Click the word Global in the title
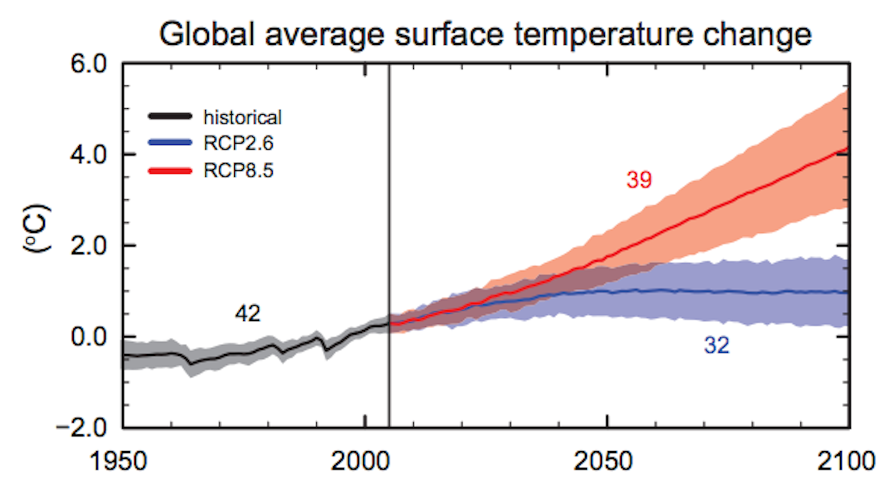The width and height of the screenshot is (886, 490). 207,34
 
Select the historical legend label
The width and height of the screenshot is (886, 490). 243,118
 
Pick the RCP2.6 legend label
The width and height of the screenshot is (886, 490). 238,143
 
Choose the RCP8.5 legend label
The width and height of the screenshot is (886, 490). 238,171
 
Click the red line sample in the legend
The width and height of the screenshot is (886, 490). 170,171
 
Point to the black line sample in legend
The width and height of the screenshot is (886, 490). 170,117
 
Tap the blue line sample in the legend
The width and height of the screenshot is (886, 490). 170,143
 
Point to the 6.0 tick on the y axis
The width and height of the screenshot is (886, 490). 89,64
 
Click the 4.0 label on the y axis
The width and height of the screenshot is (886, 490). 89,155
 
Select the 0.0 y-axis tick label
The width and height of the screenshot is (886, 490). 89,337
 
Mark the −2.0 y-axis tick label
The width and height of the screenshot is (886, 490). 82,428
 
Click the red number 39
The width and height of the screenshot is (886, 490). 639,180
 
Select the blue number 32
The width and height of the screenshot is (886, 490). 717,345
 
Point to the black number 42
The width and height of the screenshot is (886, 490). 247,313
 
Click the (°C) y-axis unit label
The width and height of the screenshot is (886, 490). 37,229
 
